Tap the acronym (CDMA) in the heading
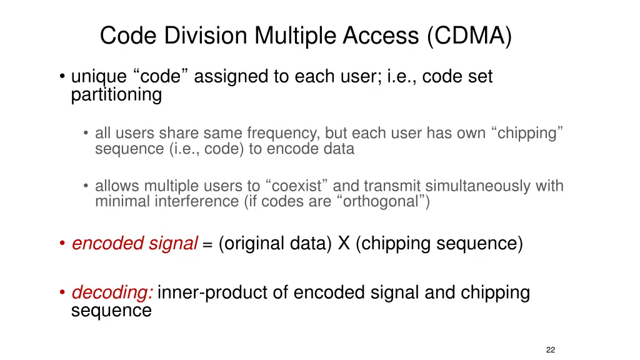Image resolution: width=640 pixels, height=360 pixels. click(x=470, y=36)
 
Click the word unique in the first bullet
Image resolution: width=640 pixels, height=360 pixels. click(x=99, y=77)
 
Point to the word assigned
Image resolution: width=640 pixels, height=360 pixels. click(x=232, y=77)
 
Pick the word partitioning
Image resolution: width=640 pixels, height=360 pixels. click(x=116, y=95)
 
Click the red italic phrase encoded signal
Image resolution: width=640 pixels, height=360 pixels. click(x=135, y=243)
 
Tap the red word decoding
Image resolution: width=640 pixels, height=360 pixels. click(x=112, y=292)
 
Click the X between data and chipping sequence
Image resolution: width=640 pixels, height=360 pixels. click(x=344, y=243)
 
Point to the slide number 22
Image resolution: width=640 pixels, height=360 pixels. click(x=550, y=349)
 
